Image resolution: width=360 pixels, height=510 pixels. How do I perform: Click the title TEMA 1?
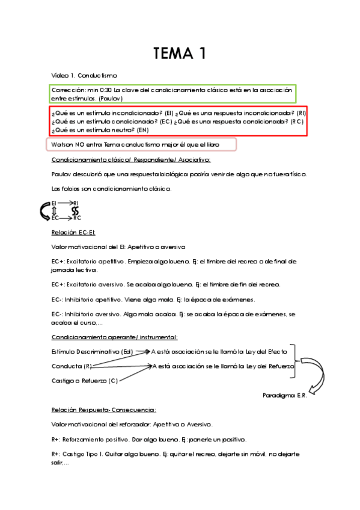click(x=180, y=54)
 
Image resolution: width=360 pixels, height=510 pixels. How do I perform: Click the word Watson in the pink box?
click(x=62, y=145)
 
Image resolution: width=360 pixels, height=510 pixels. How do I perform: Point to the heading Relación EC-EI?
click(x=74, y=232)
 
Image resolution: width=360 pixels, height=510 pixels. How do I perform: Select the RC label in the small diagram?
click(x=76, y=218)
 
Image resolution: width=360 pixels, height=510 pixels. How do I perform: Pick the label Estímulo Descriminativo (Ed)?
click(x=92, y=351)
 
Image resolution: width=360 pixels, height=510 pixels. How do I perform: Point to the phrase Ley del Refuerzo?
click(x=270, y=366)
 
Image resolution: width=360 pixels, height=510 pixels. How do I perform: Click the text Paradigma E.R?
click(x=284, y=396)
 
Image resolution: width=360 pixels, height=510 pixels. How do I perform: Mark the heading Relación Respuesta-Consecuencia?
click(x=104, y=410)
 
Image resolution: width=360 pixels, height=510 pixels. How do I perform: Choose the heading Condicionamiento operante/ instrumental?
click(x=114, y=337)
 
